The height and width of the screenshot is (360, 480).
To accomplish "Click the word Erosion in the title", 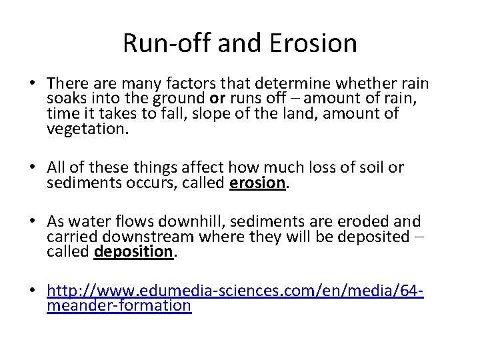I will coord(313,43).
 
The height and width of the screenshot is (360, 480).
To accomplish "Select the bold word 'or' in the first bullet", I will coord(217,99).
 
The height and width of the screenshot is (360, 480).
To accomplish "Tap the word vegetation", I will coord(85,128).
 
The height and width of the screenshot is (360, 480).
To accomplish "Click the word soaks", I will coord(65,99).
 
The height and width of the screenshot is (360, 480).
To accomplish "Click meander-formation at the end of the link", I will coord(119,305).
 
